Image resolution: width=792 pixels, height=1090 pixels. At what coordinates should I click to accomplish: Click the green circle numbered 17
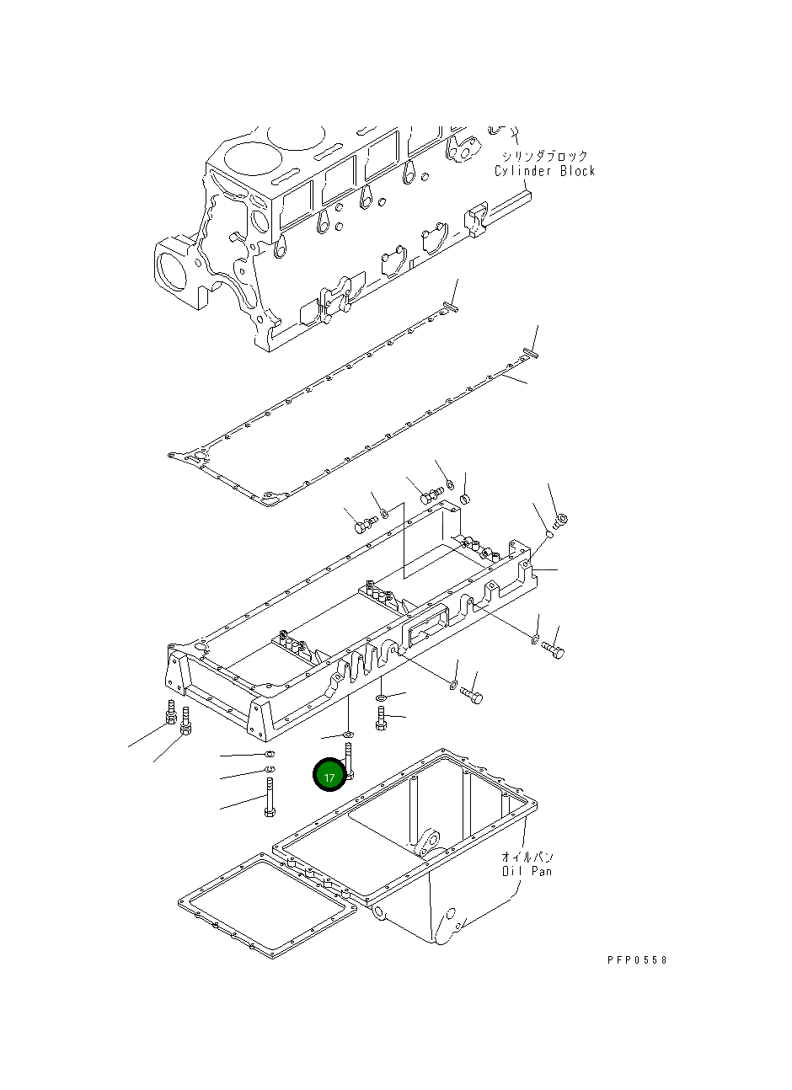329,776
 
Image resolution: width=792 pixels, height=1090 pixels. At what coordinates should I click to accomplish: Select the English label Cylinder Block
544,171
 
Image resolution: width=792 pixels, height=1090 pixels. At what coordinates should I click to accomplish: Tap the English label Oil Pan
527,871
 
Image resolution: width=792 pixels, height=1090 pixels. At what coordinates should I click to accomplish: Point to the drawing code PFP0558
636,959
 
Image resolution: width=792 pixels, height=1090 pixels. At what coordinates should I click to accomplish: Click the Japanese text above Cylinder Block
544,156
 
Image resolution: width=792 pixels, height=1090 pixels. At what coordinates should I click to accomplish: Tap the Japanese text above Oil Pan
527,856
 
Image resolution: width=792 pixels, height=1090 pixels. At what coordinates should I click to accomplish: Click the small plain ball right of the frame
549,532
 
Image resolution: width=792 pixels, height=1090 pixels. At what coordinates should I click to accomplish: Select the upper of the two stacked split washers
270,753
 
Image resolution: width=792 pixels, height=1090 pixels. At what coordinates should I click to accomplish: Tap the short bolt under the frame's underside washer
382,719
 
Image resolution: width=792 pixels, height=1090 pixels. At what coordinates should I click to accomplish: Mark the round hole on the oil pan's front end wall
451,913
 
